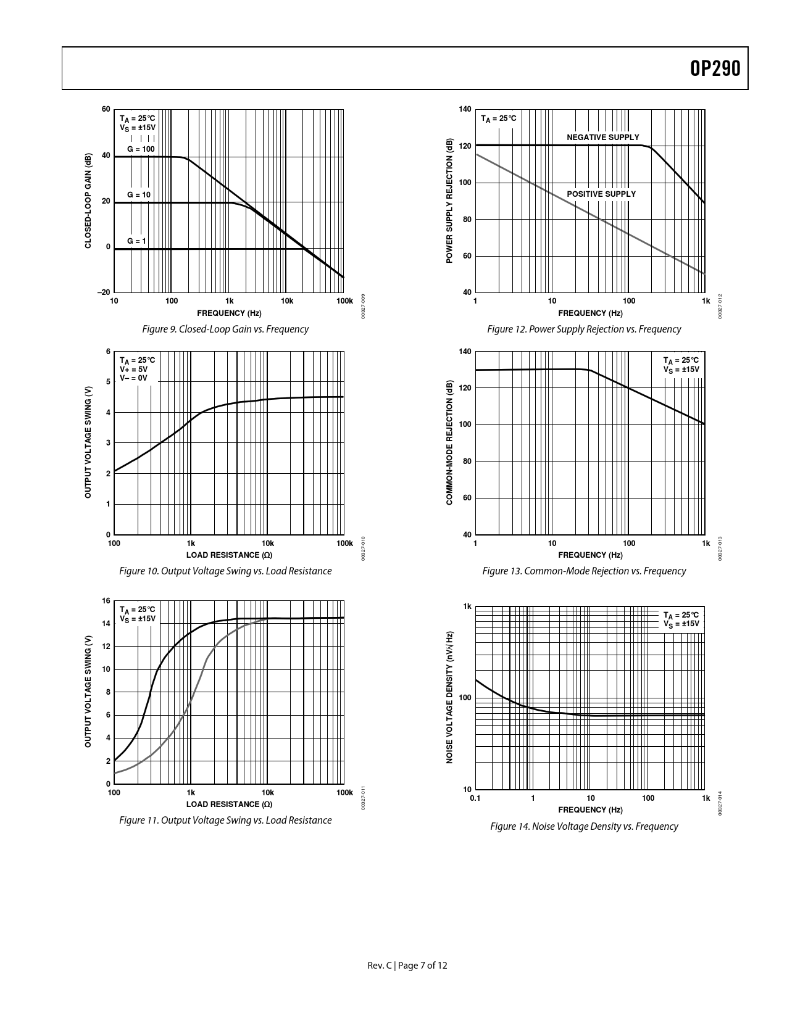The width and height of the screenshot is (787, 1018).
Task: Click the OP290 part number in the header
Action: point(715,68)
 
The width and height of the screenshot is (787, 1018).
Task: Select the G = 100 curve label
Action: point(141,149)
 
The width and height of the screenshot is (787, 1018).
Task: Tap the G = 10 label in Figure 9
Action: point(139,194)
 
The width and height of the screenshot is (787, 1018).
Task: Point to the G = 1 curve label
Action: point(136,241)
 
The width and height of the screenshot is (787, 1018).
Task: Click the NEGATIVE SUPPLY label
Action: point(603,137)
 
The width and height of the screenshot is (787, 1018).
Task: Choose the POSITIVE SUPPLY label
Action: point(601,194)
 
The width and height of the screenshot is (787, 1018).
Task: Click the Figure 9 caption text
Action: point(225,329)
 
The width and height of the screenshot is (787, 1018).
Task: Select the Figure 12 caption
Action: point(584,329)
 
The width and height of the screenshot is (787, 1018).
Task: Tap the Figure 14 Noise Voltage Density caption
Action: point(584,827)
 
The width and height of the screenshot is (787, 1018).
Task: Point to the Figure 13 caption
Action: point(584,571)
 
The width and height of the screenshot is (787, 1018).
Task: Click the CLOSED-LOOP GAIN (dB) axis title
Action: point(88,201)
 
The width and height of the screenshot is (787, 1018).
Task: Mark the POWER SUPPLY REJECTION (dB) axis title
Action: point(449,201)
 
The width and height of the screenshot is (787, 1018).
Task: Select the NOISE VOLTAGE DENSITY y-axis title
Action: point(450,697)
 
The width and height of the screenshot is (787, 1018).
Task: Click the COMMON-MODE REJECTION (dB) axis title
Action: point(449,443)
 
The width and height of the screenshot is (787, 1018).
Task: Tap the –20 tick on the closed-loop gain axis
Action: point(104,292)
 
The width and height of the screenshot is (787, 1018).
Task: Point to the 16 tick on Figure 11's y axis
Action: point(106,601)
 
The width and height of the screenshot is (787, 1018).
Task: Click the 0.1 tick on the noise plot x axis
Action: point(475,798)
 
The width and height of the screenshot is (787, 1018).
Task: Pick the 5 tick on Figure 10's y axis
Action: point(108,382)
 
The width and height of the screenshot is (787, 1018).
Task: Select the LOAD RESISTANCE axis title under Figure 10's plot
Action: point(229,555)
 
